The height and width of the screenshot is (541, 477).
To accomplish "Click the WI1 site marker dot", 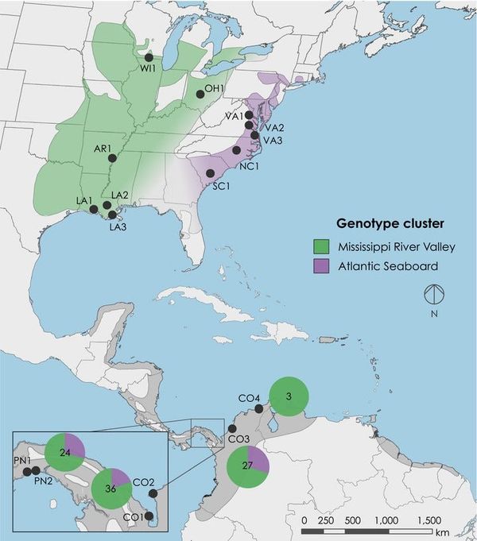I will [x=149, y=57].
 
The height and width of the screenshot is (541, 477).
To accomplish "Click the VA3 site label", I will [x=273, y=141].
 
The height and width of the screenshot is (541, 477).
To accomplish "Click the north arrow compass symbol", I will [x=434, y=295].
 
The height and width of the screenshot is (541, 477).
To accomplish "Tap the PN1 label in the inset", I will [x=22, y=460].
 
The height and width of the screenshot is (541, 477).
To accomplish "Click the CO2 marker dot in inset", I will [x=153, y=494].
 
